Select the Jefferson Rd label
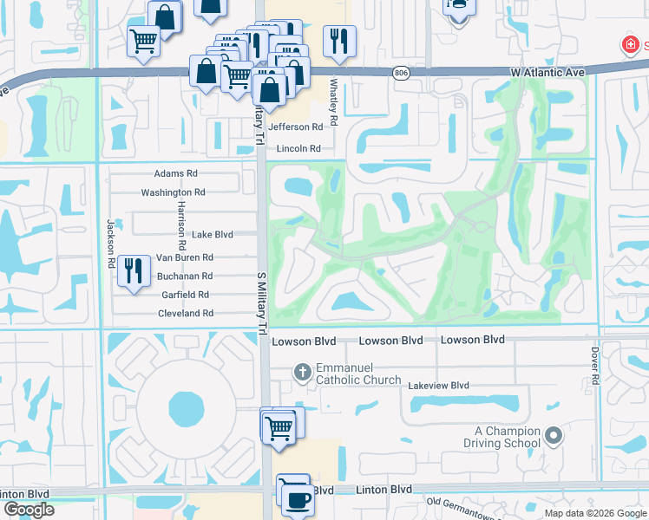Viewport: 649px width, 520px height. pos(301,127)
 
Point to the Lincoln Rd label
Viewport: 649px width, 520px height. pos(298,149)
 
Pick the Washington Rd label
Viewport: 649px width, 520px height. pos(173,192)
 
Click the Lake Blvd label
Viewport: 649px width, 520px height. pos(213,235)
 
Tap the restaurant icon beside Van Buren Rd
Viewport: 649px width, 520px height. pos(132,269)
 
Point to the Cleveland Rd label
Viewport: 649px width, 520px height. pos(185,314)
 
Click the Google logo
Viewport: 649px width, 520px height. pos(29,510)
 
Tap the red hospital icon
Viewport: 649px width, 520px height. pos(627,44)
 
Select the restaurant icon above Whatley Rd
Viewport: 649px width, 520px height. pos(338,40)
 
